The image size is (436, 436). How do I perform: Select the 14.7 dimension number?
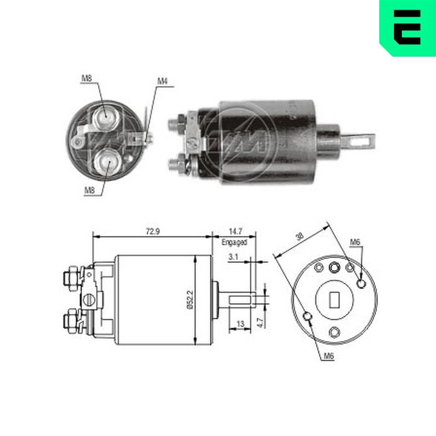coord(234,232)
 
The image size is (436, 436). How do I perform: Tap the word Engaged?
coord(234,242)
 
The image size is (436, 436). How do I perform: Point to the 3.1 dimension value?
coord(233,257)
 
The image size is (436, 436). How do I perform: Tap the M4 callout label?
coord(162,81)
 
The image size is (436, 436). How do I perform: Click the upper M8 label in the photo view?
coord(86,78)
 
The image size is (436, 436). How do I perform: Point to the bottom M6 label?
coord(329,356)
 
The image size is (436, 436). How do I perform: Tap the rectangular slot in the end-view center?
coord(335,299)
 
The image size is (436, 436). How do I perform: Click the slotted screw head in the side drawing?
coord(89,300)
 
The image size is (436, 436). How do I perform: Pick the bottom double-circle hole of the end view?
coord(334,332)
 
